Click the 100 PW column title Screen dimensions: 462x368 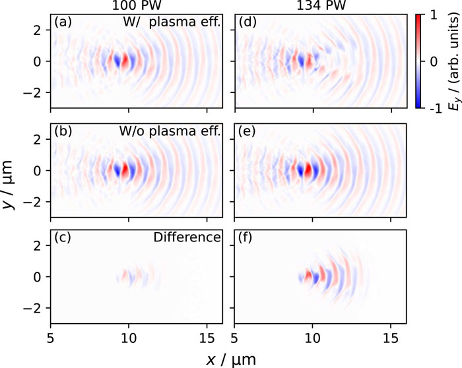137,5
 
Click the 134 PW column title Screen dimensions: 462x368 321,5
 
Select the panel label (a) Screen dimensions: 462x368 63,22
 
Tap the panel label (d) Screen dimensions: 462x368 247,22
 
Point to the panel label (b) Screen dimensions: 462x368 63,131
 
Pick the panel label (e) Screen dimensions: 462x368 247,131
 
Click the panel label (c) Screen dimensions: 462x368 63,237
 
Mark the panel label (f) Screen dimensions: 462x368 245,237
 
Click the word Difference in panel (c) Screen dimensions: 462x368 187,237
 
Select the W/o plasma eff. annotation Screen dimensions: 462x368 170,131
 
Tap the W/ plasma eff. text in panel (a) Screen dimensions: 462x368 172,22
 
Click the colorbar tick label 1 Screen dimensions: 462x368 434,15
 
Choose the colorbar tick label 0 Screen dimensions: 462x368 434,62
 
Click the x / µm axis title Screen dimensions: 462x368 231,359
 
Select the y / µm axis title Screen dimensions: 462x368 8,185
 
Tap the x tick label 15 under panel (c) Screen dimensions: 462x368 207,339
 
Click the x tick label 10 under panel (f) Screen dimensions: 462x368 312,339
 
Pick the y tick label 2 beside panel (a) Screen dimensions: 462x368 38,30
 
